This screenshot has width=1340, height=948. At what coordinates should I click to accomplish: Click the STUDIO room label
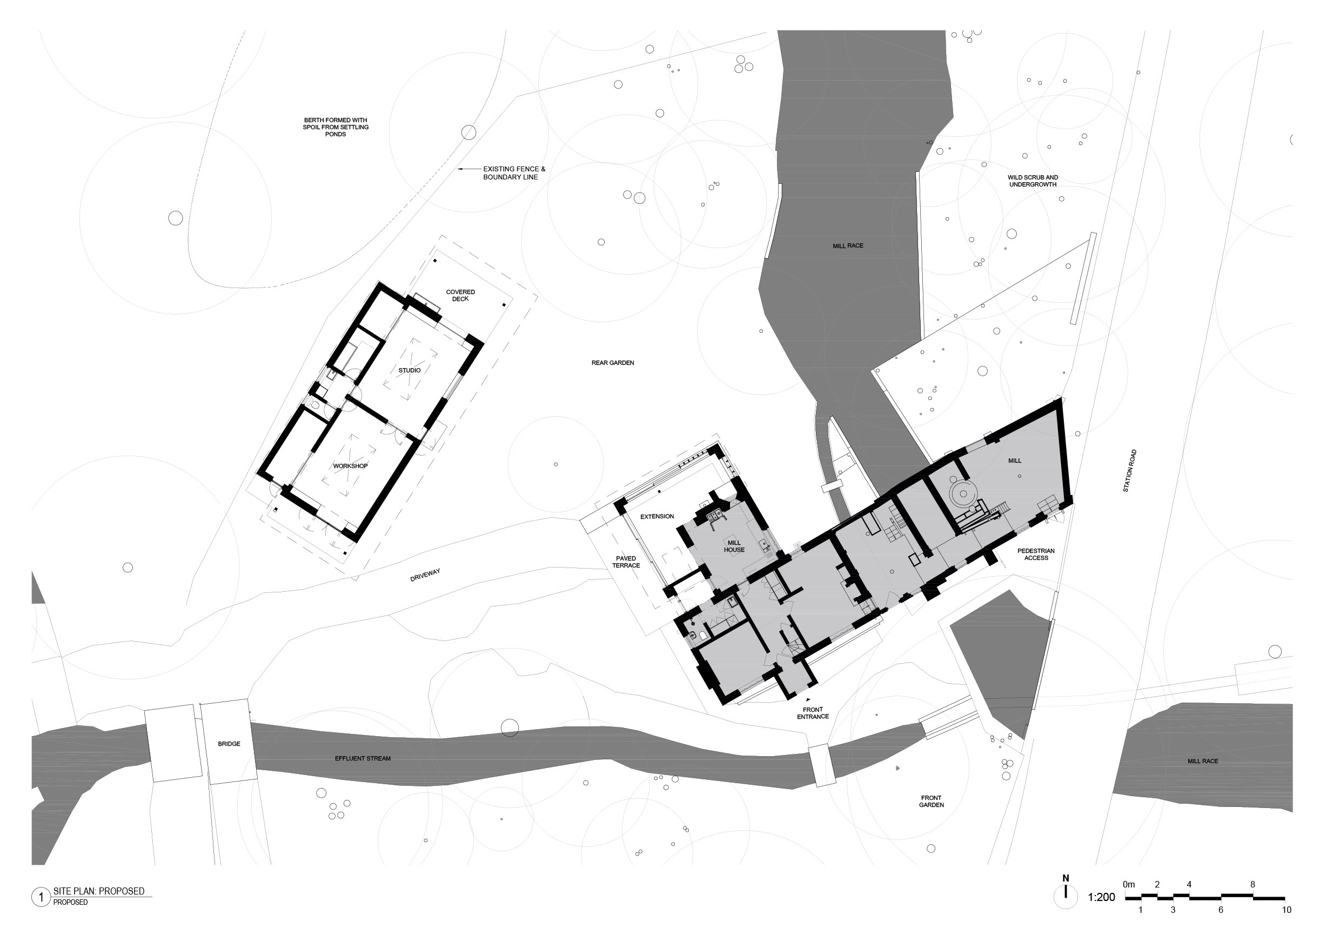tap(410, 370)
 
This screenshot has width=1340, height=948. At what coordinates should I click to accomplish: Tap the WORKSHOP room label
tap(350, 466)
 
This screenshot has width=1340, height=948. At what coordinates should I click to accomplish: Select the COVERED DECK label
tap(460, 296)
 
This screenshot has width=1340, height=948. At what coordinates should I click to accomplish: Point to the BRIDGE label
tap(229, 744)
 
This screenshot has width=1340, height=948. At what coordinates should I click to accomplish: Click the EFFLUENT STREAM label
tap(363, 758)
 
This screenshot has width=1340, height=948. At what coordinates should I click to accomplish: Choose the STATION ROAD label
tap(1130, 471)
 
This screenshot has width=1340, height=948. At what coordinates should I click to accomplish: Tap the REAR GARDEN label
tap(613, 363)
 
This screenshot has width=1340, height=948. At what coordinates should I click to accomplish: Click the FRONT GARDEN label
tap(932, 801)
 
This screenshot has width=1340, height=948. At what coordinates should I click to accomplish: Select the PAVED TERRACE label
tap(626, 562)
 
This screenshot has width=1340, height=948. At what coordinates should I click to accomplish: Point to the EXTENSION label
tap(657, 516)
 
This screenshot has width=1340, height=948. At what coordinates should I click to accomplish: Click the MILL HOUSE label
tap(734, 546)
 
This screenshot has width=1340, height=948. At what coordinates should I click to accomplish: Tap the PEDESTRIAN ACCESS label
tap(1036, 554)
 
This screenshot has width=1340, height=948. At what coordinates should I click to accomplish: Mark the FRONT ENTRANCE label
tap(813, 713)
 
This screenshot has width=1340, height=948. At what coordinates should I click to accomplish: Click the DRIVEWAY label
tap(425, 576)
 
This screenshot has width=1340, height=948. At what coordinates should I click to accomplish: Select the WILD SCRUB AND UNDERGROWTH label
tap(1033, 181)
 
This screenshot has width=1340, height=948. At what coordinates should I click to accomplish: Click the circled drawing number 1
tap(41, 897)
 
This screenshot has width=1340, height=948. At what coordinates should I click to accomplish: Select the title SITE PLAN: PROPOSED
tap(99, 891)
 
